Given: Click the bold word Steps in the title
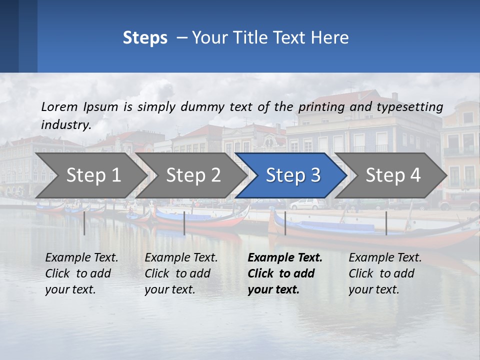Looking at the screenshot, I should pos(145,38).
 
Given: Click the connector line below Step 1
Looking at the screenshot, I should pos(84,223).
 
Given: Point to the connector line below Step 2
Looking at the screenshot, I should pos(184,223).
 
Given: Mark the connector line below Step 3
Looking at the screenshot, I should pos(285,223).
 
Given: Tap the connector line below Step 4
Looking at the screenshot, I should pos(386,223).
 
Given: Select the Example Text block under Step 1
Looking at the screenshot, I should pos(81,273).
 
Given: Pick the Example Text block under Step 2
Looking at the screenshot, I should pos(181,273).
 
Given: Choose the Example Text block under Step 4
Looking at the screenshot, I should pos(385,273).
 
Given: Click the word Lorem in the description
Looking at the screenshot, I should pos(59,107).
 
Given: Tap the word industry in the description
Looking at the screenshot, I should pos(66,125).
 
